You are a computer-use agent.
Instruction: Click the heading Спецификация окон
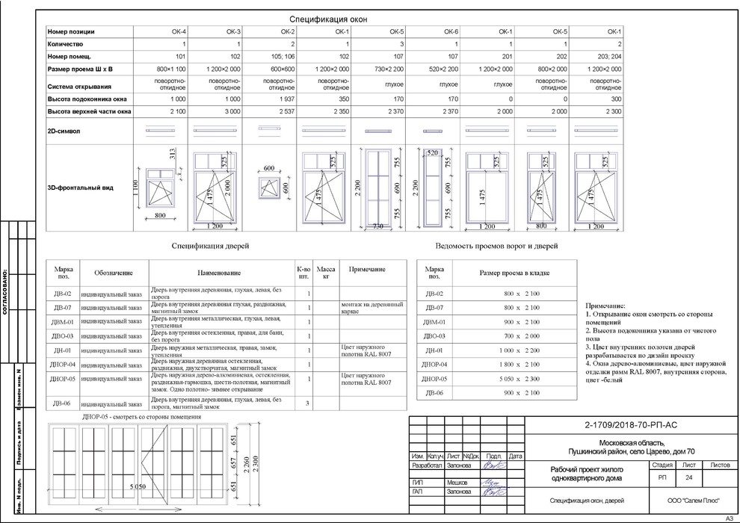pyautogui.click(x=328, y=19)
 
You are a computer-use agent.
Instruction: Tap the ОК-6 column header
pyautogui.click(x=451, y=32)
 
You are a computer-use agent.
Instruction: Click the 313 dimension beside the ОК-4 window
pyautogui.click(x=172, y=155)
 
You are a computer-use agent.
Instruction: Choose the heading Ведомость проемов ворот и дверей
pyautogui.click(x=496, y=245)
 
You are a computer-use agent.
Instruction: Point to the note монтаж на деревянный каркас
pyautogui.click(x=366, y=308)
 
